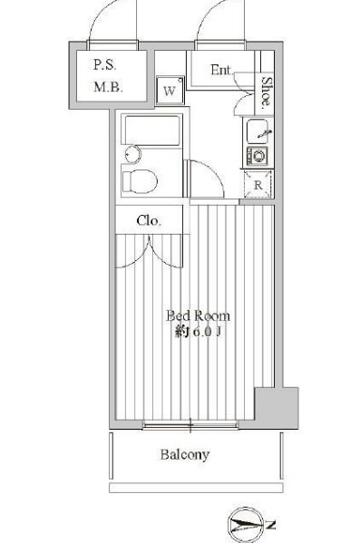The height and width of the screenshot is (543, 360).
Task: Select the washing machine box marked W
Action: (x=170, y=91)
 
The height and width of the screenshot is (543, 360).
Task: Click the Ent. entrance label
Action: (x=221, y=70)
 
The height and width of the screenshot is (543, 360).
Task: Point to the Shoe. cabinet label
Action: (x=265, y=92)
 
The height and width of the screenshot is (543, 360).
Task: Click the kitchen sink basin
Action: (x=258, y=133)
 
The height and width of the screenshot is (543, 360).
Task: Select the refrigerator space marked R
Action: (x=258, y=185)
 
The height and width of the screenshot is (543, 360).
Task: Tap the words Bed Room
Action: (x=197, y=316)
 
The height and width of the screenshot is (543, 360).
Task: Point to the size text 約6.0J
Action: (x=197, y=333)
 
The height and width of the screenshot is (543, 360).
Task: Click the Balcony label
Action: (x=185, y=454)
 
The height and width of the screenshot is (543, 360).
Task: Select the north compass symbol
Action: (x=250, y=525)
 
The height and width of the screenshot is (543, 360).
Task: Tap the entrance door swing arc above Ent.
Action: (x=221, y=23)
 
